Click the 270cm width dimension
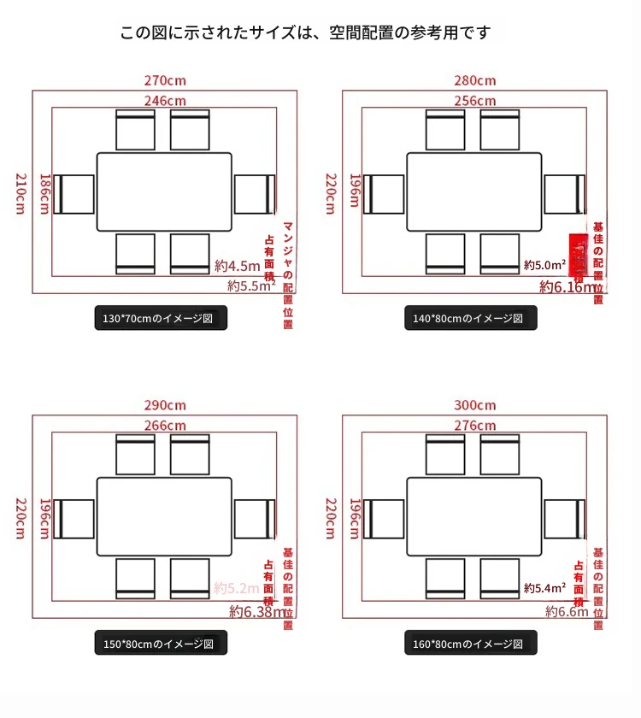pyautogui.click(x=165, y=81)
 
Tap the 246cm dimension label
pyautogui.click(x=165, y=100)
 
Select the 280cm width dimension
pyautogui.click(x=475, y=81)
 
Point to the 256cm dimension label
pyautogui.click(x=475, y=100)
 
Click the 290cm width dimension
pyautogui.click(x=165, y=405)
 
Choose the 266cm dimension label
pyautogui.click(x=165, y=425)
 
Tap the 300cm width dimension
pyautogui.click(x=475, y=405)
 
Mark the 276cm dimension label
pyautogui.click(x=475, y=425)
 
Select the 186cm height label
pyautogui.click(x=44, y=195)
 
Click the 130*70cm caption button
pyautogui.click(x=161, y=319)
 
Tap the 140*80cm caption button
pyautogui.click(x=471, y=319)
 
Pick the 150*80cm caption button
pyautogui.click(x=161, y=644)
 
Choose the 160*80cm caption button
pyautogui.click(x=471, y=644)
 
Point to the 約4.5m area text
pyautogui.click(x=237, y=265)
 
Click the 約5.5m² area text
pyautogui.click(x=251, y=285)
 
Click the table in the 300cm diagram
pyautogui.click(x=474, y=517)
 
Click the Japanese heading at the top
pyautogui.click(x=305, y=33)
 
